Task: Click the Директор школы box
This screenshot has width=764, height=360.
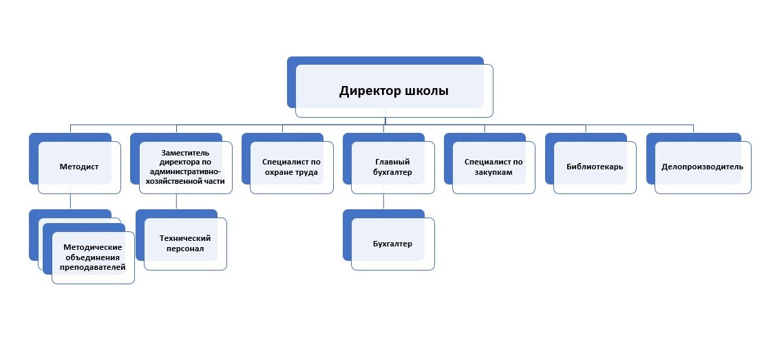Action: click(394, 90)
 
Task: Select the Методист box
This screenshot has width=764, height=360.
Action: click(79, 167)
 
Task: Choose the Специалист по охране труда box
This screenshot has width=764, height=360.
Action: click(290, 167)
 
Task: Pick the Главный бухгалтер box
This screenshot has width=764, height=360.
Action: click(392, 167)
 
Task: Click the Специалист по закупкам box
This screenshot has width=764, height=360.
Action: click(494, 167)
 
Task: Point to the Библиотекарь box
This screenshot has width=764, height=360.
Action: click(595, 167)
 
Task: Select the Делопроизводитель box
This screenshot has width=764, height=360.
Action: click(702, 167)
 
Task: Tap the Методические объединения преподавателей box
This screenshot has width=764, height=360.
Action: click(93, 256)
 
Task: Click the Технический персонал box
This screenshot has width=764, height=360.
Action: click(184, 244)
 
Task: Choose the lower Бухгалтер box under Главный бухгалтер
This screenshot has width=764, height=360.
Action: click(392, 244)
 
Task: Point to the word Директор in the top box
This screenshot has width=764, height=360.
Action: click(368, 91)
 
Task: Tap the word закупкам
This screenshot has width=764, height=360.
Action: click(494, 172)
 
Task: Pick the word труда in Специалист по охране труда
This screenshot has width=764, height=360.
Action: click(304, 172)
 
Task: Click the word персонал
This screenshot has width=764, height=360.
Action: click(184, 248)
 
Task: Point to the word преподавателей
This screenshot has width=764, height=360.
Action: click(93, 266)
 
